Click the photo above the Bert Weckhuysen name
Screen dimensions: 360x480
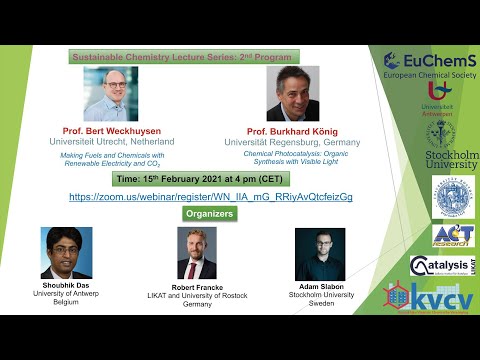tap(109, 96)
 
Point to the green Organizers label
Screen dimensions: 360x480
tap(210, 214)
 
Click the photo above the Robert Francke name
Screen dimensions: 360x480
tap(196, 253)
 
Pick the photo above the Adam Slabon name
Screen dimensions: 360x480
tap(320, 253)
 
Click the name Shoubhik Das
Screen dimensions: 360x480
tap(66, 283)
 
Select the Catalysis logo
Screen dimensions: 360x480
tap(443, 265)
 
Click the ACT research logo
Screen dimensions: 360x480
tap(452, 234)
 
